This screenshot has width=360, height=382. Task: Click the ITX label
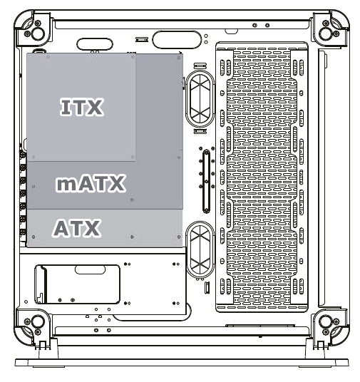click(x=82, y=107)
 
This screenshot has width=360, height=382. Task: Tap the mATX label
click(x=91, y=183)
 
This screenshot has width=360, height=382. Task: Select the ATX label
click(x=76, y=228)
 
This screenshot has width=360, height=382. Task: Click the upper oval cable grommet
click(x=200, y=98)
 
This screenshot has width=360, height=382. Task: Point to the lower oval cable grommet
click(x=200, y=249)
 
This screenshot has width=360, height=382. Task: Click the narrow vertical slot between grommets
click(x=206, y=181)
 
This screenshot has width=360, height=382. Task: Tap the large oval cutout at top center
click(x=177, y=39)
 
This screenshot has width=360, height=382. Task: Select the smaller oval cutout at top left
click(x=95, y=44)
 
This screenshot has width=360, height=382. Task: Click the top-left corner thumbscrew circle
click(x=38, y=33)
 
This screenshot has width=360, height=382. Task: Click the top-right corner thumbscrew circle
click(x=326, y=33)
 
